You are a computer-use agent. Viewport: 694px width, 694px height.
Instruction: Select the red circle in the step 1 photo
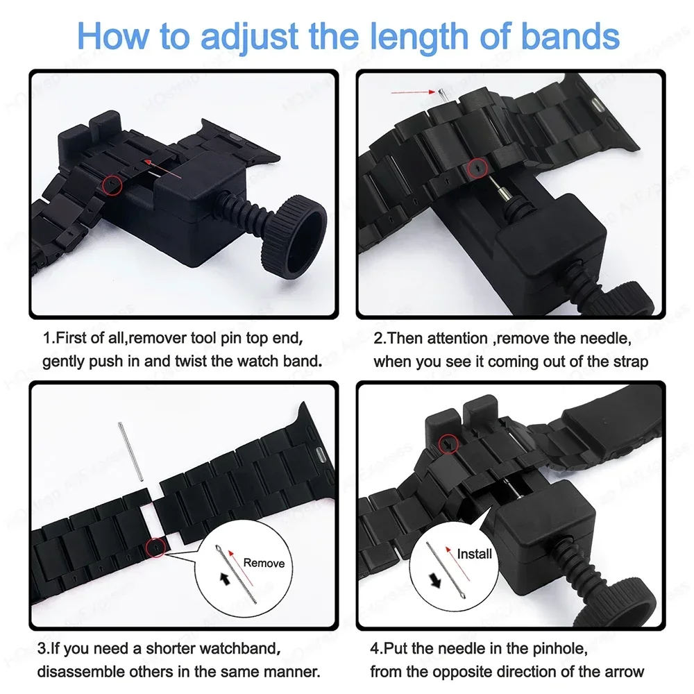[112, 184]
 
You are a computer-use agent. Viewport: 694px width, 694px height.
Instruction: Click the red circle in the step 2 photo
[477, 167]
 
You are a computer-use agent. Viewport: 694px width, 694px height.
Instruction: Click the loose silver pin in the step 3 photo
[131, 452]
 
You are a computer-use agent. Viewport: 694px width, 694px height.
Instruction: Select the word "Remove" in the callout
[264, 563]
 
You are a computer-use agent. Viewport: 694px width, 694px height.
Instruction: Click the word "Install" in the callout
[474, 553]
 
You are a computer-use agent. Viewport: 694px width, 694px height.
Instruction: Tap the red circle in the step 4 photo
[448, 442]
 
